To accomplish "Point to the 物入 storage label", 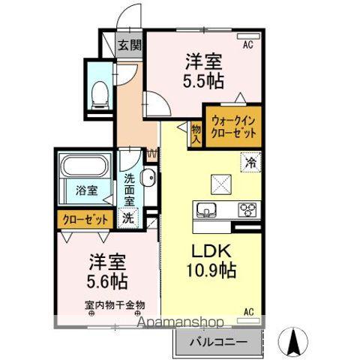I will click(195, 134).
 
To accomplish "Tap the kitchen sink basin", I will click(207, 209).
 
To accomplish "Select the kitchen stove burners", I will click(248, 209).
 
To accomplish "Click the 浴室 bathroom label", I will click(85, 190).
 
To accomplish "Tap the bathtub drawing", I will click(85, 166).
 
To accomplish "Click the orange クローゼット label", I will click(83, 220).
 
